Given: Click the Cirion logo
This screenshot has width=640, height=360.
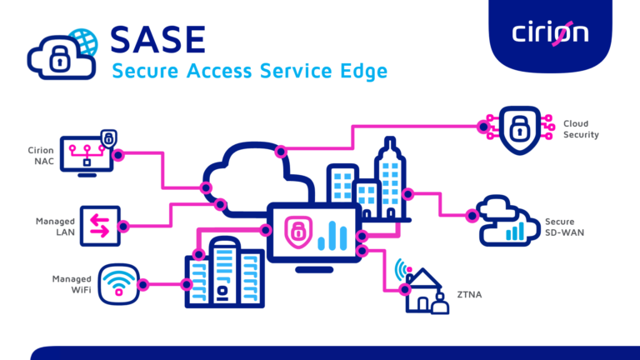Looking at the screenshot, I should [x=550, y=32].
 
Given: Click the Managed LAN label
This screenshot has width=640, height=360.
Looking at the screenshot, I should [x=55, y=227].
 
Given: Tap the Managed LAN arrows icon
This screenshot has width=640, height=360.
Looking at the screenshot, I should [x=100, y=226].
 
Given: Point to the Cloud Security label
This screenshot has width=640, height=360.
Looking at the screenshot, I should [x=581, y=129].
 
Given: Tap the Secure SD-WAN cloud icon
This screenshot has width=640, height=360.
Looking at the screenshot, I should [x=508, y=221].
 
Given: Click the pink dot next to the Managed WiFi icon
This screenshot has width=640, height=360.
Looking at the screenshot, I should [x=143, y=285].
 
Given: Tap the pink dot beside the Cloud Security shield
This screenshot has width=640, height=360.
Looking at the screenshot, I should [x=482, y=127].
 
